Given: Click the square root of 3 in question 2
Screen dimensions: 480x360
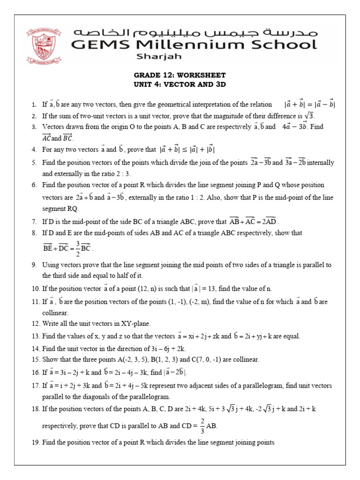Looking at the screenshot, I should [x=309, y=115].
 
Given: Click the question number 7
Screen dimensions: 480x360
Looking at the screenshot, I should [x=34, y=221].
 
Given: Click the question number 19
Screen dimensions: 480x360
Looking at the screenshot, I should [x=35, y=442].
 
